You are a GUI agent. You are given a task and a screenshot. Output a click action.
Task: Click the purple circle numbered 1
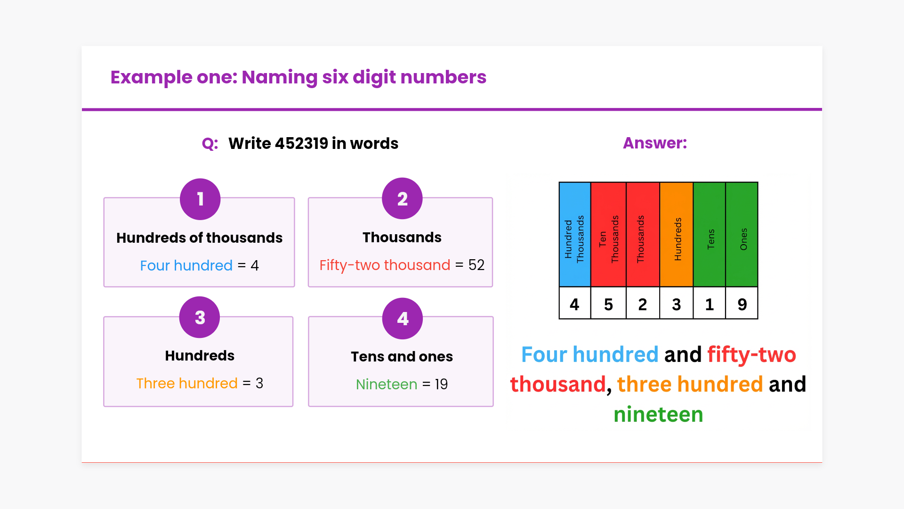click(200, 199)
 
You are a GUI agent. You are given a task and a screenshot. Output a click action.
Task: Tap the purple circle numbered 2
click(402, 198)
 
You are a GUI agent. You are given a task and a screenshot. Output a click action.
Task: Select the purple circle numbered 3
click(200, 317)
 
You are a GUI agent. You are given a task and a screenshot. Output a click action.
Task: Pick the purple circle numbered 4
click(403, 319)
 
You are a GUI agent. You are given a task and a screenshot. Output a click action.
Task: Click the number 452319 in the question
click(301, 143)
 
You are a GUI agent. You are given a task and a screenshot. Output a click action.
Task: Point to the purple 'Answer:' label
click(655, 143)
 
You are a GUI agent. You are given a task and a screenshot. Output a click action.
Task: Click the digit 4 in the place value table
click(574, 304)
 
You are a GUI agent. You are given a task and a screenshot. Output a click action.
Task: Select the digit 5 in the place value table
click(608, 304)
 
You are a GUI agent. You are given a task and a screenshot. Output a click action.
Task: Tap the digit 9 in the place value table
click(742, 304)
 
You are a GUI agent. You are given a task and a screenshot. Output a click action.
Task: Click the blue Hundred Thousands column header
click(574, 235)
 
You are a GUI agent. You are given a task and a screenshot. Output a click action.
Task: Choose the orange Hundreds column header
click(677, 235)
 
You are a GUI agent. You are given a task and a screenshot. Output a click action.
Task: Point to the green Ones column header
click(742, 235)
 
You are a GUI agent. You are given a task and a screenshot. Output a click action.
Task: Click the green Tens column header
click(710, 235)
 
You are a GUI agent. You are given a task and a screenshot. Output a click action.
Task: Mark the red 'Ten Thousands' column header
click(608, 235)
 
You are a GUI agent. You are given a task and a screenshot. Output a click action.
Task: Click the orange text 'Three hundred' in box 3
click(187, 383)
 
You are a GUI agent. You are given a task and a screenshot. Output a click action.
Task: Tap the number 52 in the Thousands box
click(476, 265)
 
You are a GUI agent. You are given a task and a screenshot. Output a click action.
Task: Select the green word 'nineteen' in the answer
click(658, 414)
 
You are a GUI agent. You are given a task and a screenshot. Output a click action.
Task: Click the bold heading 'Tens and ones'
click(402, 356)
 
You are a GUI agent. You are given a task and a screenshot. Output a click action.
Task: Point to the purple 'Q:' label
click(210, 143)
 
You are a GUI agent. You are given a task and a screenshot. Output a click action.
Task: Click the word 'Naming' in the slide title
click(279, 77)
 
